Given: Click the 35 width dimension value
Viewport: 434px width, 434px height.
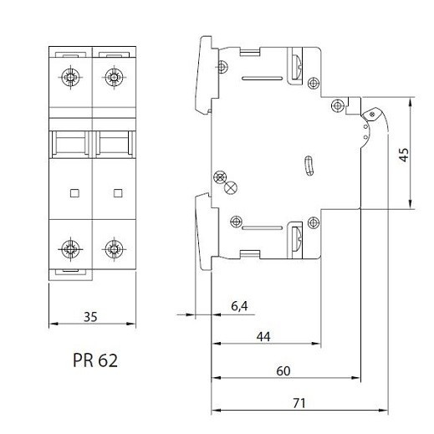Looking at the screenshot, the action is coord(90,317).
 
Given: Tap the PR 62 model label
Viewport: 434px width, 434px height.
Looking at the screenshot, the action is coord(95,360).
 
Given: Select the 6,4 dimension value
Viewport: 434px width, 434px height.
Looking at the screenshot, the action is coord(239,306).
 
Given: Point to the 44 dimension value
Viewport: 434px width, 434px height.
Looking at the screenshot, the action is coord(263,337).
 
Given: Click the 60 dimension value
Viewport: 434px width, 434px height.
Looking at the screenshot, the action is coord(283,371).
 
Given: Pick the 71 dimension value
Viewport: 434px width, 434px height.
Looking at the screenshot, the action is coord(299,403).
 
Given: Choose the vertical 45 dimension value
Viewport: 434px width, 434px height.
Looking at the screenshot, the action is coord(404,155).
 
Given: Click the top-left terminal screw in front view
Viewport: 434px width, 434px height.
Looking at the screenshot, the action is coord(70,77).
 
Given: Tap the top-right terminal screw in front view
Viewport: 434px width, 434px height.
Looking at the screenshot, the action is coord(114,77).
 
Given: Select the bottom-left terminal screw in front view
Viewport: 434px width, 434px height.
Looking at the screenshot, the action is coord(70,249).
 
